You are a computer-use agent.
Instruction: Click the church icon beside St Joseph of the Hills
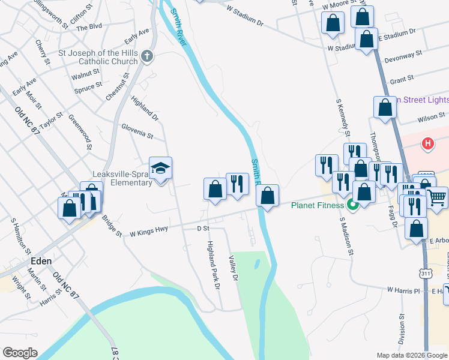tap(148, 56)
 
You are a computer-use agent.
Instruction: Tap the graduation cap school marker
tap(161, 168)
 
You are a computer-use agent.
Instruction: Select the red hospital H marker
tap(428, 144)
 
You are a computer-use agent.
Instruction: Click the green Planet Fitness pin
tap(352, 206)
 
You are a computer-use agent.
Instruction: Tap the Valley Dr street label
tap(234, 268)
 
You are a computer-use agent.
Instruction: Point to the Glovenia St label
tap(137, 131)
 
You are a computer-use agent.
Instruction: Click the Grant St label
tap(402, 79)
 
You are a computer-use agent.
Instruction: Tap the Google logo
tap(20, 353)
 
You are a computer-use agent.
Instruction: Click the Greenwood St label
tap(80, 132)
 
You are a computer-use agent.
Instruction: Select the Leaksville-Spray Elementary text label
tap(121, 178)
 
